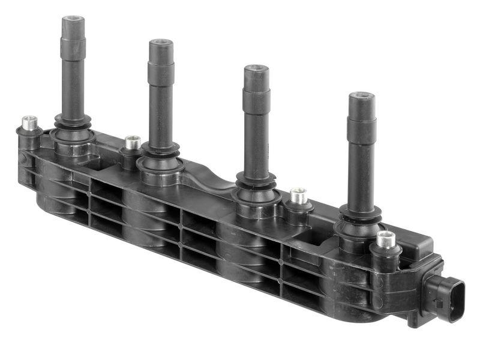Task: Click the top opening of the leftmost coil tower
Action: pos(73,20)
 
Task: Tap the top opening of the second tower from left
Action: pos(161,44)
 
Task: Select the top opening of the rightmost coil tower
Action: pos(361,96)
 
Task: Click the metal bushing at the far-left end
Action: pos(29,122)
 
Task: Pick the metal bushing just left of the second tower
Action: pos(133,142)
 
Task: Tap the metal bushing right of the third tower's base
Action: pos(298,195)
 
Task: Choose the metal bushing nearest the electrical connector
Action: pos(386,238)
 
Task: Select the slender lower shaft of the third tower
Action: pos(256,144)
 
